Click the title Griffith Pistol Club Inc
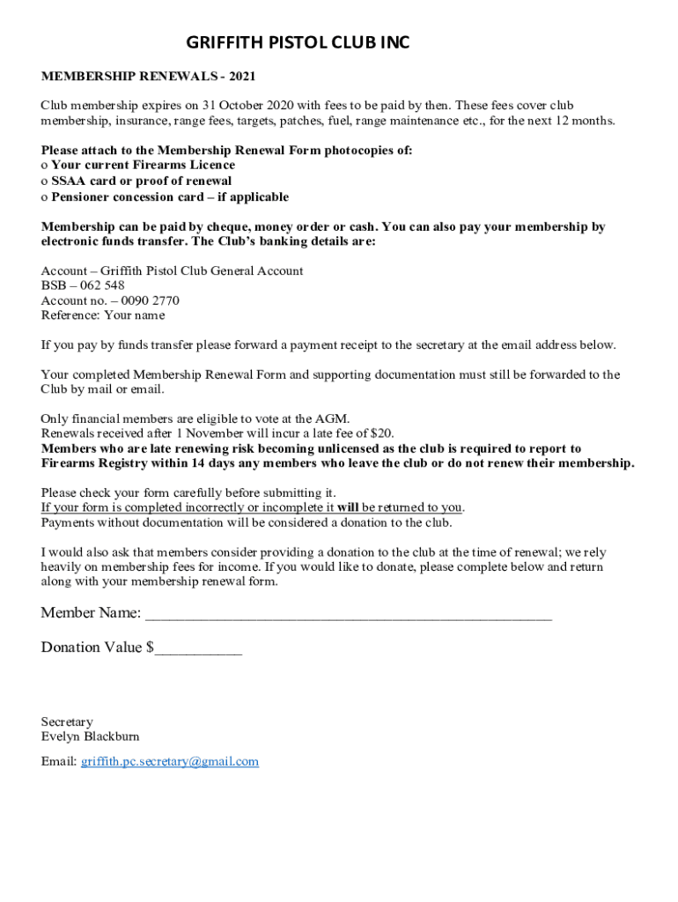298,43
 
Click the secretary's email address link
170,761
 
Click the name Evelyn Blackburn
90,736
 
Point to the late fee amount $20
381,433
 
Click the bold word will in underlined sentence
348,507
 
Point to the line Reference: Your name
103,314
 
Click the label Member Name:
91,613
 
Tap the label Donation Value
93,647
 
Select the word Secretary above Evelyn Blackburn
67,721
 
